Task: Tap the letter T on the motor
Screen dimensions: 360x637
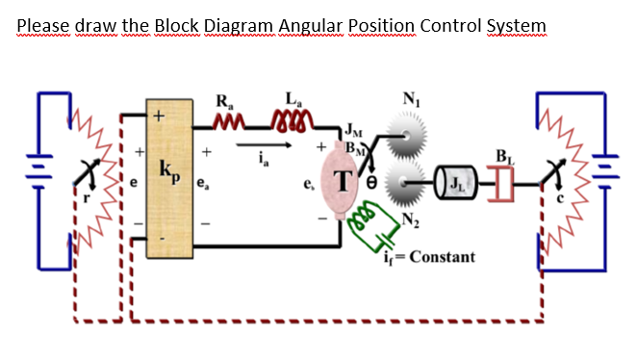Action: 342,179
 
